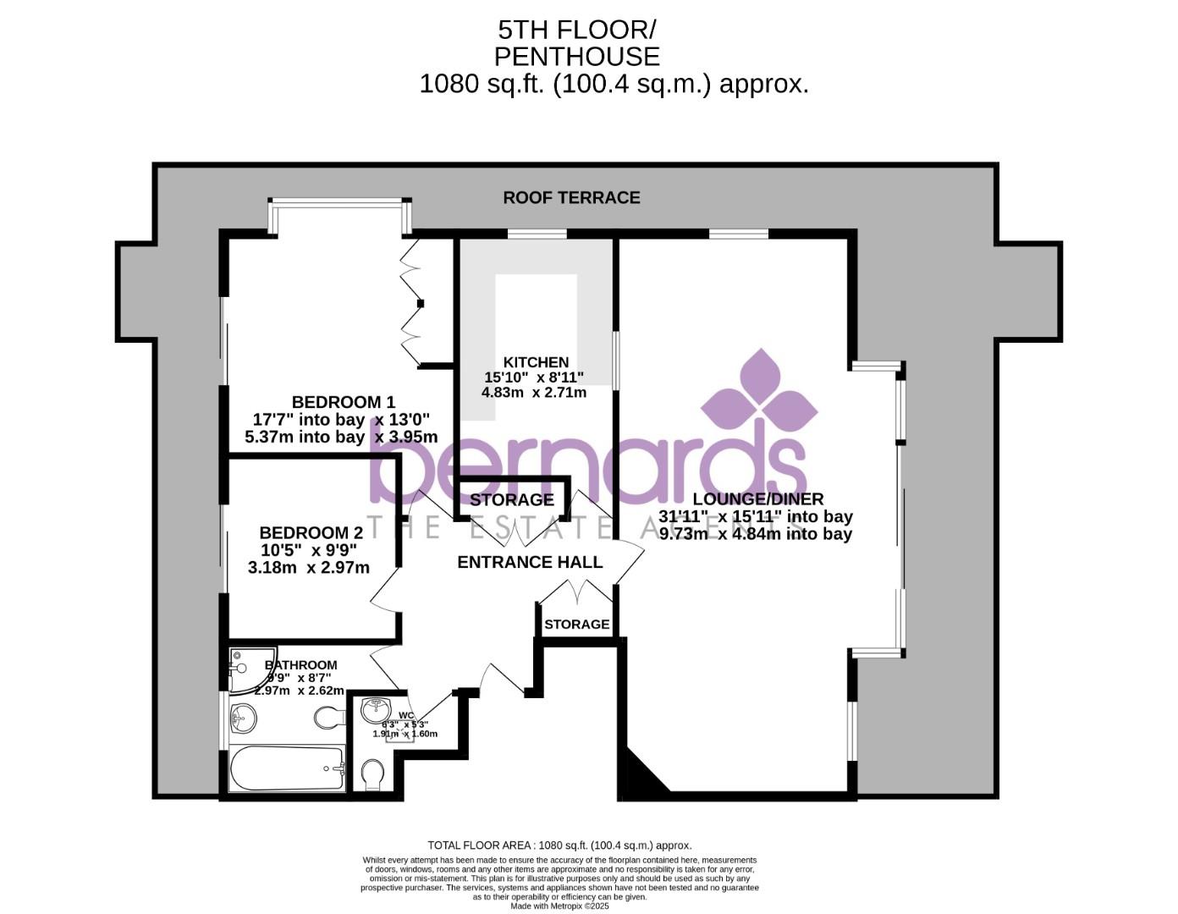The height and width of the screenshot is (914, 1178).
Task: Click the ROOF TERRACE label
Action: [x=571, y=197]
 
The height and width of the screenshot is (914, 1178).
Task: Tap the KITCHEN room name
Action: [x=536, y=362]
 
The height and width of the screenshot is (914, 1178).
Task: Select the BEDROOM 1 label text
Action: [x=343, y=402]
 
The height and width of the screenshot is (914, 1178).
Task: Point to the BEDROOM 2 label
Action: [x=311, y=532]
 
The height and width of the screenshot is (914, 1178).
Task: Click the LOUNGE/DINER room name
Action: [x=757, y=499]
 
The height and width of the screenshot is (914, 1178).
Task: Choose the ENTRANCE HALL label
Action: [x=530, y=562]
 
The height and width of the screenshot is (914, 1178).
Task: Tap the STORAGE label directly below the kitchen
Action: [x=511, y=500]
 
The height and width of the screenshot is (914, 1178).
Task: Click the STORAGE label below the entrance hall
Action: [x=576, y=625]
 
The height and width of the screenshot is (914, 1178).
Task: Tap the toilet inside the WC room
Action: [x=372, y=774]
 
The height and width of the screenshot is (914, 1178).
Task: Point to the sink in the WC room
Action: [x=375, y=708]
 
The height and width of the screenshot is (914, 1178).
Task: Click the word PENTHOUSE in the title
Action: [x=576, y=57]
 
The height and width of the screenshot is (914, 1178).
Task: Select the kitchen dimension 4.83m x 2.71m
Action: [x=534, y=393]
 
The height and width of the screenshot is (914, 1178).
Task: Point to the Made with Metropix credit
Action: [x=559, y=906]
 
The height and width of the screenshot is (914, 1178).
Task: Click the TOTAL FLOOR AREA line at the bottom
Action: [x=559, y=845]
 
